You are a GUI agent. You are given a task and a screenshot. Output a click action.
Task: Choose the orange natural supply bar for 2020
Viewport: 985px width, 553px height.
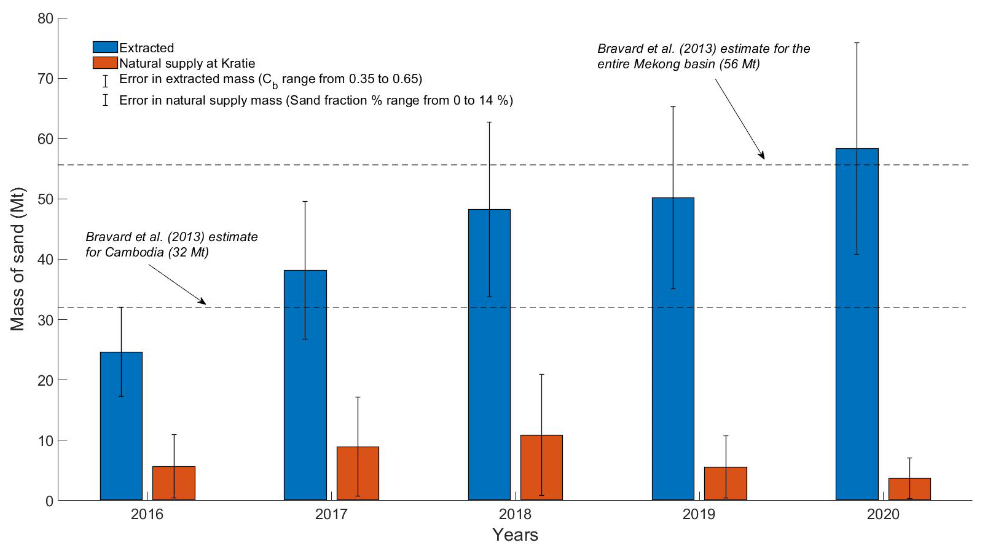[x=909, y=489]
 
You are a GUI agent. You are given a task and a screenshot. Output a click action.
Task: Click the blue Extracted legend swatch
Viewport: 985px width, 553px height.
[x=105, y=47]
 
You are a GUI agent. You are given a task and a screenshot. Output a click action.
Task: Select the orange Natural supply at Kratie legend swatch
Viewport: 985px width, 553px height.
[x=105, y=63]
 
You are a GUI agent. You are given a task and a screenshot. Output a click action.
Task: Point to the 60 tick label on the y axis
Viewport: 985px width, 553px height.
[x=45, y=139]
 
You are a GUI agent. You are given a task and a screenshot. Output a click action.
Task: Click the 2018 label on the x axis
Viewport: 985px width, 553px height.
[x=515, y=514]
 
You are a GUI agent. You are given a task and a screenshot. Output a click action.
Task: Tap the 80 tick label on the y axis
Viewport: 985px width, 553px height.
[x=45, y=18]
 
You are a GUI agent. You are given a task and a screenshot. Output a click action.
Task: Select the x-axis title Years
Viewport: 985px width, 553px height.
[x=515, y=535]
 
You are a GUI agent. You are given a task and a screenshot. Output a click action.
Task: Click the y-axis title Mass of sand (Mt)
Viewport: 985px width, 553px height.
[x=18, y=259]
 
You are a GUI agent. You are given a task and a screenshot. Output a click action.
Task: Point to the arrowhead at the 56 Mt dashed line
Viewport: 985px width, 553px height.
[x=763, y=156]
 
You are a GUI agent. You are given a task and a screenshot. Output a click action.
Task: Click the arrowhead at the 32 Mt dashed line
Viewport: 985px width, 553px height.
[x=203, y=301]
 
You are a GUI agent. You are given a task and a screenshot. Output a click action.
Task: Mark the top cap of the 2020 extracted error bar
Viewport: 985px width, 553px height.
[x=857, y=43]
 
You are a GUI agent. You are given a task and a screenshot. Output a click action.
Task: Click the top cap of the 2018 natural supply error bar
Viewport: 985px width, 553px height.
[x=541, y=374]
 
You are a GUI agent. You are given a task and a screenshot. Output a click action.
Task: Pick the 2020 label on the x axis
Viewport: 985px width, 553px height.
[x=883, y=514]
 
